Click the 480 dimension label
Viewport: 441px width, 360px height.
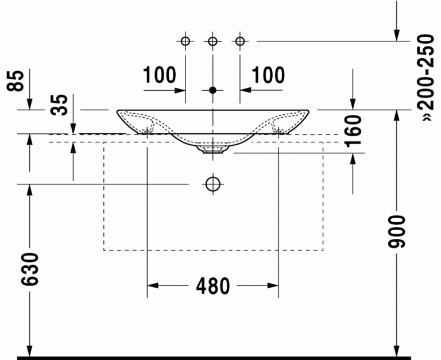pyautogui.click(x=213, y=286)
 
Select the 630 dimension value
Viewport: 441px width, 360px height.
pyautogui.click(x=30, y=269)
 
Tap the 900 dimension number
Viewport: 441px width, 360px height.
pyautogui.click(x=397, y=232)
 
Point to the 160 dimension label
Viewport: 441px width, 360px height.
pyautogui.click(x=353, y=131)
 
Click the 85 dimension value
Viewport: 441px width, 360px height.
pyautogui.click(x=15, y=81)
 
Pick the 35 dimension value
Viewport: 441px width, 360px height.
pyautogui.click(x=59, y=104)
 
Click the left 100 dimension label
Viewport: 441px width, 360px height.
pyautogui.click(x=160, y=75)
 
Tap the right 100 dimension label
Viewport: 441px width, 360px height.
pyautogui.click(x=268, y=75)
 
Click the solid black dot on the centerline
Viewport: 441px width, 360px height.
pyautogui.click(x=213, y=90)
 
